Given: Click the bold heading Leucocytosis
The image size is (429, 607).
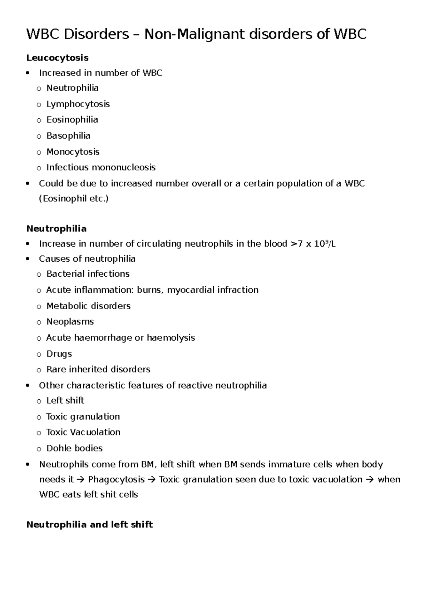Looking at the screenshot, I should pyautogui.click(x=57, y=58).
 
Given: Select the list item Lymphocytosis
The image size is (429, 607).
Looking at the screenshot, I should pyautogui.click(x=78, y=104).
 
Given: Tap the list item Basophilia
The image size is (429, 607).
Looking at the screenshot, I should pyautogui.click(x=68, y=136).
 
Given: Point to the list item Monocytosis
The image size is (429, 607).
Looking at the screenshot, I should pyautogui.click(x=73, y=152).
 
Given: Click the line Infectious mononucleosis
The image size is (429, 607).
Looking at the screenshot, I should pyautogui.click(x=101, y=168).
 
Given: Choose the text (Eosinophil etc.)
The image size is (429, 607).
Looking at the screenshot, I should pyautogui.click(x=74, y=199).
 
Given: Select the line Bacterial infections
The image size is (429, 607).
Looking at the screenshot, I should pyautogui.click(x=88, y=274).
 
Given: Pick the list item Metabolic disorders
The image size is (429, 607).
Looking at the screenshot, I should pyautogui.click(x=88, y=306).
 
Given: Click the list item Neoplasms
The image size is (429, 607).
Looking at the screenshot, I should pyautogui.click(x=70, y=322).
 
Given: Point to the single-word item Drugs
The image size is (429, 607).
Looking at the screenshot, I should pyautogui.click(x=59, y=354).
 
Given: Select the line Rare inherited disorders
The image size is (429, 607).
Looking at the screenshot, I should pyautogui.click(x=98, y=369).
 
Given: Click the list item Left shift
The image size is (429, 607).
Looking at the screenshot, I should pyautogui.click(x=65, y=401).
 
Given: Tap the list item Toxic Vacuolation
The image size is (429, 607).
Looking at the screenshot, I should pyautogui.click(x=83, y=432).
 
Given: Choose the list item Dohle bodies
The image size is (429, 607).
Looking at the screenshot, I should pyautogui.click(x=74, y=448).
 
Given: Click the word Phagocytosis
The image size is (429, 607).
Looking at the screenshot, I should pyautogui.click(x=116, y=480).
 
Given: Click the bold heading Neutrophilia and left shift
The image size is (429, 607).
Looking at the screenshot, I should pyautogui.click(x=89, y=524).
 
